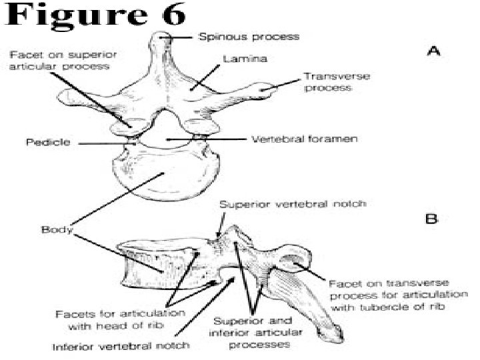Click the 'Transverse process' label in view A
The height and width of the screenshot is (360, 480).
[x=328, y=82]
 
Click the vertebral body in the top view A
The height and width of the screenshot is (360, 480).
[x=163, y=175]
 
